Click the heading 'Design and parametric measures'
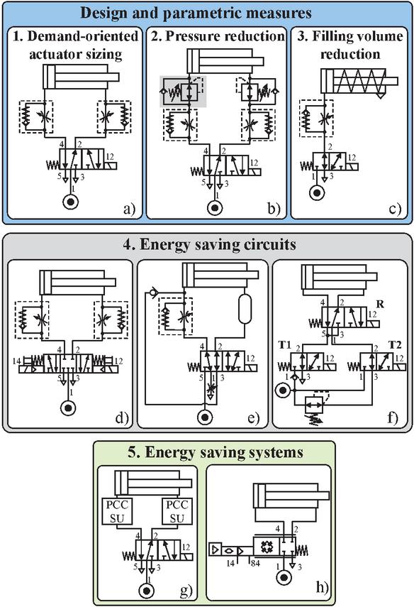[x=196, y=13]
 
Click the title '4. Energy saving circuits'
[x=210, y=244]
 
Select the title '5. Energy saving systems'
[x=216, y=452]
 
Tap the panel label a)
[x=129, y=209]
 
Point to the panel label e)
[x=253, y=417]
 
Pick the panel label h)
[x=322, y=587]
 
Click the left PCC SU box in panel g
[x=117, y=511]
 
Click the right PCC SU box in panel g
[x=177, y=511]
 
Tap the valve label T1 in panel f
[x=284, y=344]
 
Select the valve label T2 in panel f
[x=395, y=344]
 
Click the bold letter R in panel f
[x=381, y=304]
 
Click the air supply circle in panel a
[x=71, y=202]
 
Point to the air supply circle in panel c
[x=317, y=193]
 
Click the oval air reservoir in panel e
[x=245, y=309]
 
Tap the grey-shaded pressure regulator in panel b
[x=183, y=92]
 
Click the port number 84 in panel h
[x=255, y=563]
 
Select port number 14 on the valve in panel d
[x=16, y=361]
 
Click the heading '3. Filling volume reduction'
[x=349, y=45]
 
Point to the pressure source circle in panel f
[x=283, y=390]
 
